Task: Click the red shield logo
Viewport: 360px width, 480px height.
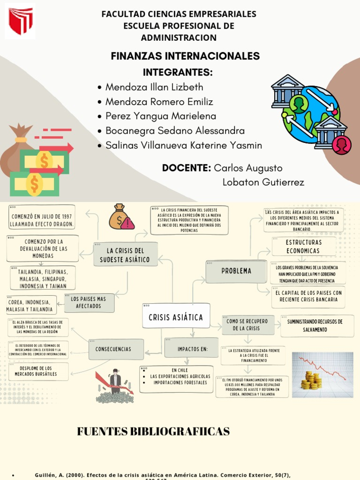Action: click(20, 22)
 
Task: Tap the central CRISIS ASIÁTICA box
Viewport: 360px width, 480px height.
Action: click(176, 318)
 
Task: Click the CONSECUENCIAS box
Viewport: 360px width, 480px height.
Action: click(116, 349)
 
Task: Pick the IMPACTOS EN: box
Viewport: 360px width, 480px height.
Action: click(192, 349)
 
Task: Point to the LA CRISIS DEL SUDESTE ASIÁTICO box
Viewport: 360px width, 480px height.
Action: click(125, 255)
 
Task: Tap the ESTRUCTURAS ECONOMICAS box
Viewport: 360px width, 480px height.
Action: click(303, 247)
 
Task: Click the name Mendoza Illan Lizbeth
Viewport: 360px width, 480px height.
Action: click(154, 87)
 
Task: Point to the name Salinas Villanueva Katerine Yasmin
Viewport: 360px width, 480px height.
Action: click(183, 146)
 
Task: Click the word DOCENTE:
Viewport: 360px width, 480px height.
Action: click(186, 168)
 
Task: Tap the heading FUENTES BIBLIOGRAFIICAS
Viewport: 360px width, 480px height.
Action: click(153, 432)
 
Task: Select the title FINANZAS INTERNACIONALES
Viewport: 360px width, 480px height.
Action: click(185, 56)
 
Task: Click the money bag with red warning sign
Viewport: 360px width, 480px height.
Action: click(121, 217)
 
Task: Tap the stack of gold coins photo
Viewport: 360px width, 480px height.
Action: click(322, 375)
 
